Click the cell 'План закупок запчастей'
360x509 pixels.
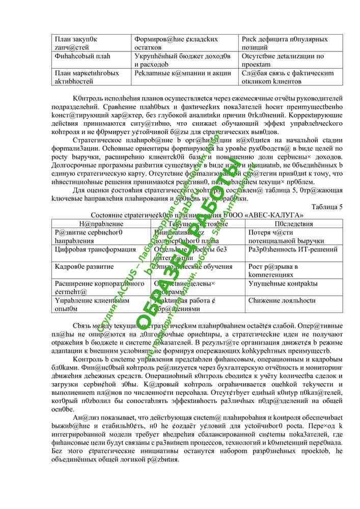point(76,43)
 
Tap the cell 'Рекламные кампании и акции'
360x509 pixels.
point(183,73)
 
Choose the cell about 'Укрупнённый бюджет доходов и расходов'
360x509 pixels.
point(183,60)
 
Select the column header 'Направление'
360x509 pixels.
point(101,223)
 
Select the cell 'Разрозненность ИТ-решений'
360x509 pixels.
point(293,249)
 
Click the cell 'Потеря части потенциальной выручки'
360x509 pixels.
point(279,237)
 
